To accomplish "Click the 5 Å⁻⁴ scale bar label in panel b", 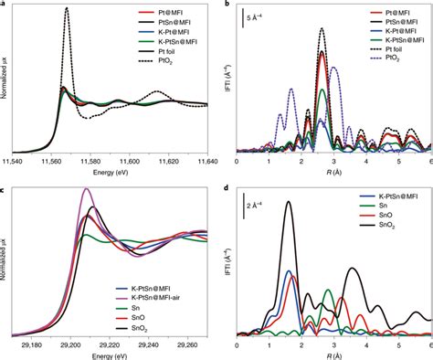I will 259,16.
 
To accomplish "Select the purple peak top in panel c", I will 87,189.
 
